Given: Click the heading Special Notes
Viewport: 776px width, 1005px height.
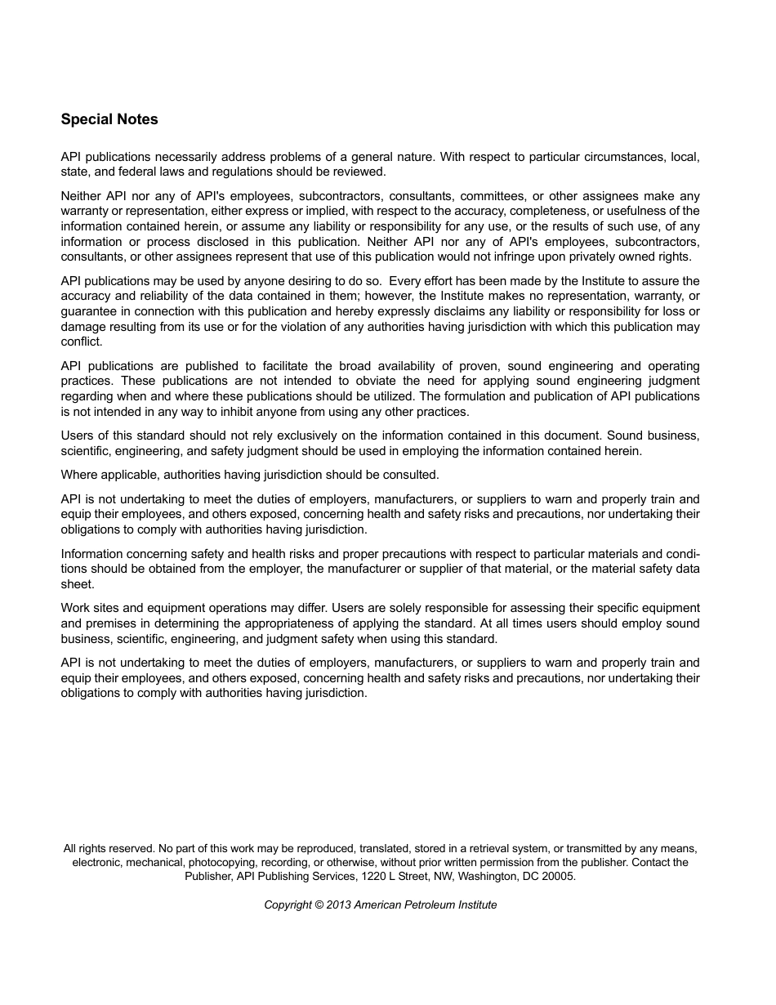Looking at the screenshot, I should coord(109,119).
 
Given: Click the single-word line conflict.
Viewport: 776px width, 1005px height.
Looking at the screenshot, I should coord(81,342).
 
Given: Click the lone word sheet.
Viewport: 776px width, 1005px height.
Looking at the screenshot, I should coord(78,584).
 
